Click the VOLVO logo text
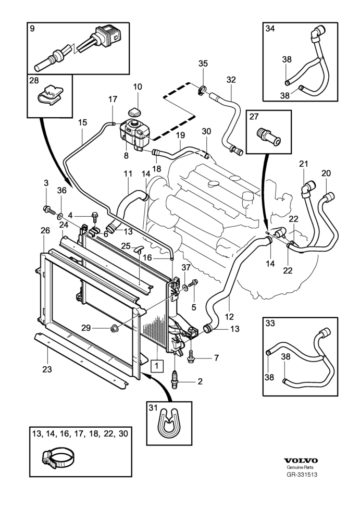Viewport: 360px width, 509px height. pyautogui.click(x=301, y=461)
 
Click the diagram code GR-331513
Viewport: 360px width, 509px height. pyautogui.click(x=301, y=475)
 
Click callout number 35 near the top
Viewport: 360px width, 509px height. pyautogui.click(x=203, y=64)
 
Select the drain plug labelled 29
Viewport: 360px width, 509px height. pyautogui.click(x=114, y=328)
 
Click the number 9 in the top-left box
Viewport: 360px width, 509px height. pyautogui.click(x=32, y=29)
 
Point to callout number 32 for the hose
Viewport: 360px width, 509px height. pyautogui.click(x=231, y=80)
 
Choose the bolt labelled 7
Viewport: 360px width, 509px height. pyautogui.click(x=192, y=358)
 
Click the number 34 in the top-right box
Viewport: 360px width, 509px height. pyautogui.click(x=270, y=29)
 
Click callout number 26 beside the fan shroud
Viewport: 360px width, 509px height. pyautogui.click(x=45, y=231)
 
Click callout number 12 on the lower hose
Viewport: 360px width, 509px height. pyautogui.click(x=229, y=316)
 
